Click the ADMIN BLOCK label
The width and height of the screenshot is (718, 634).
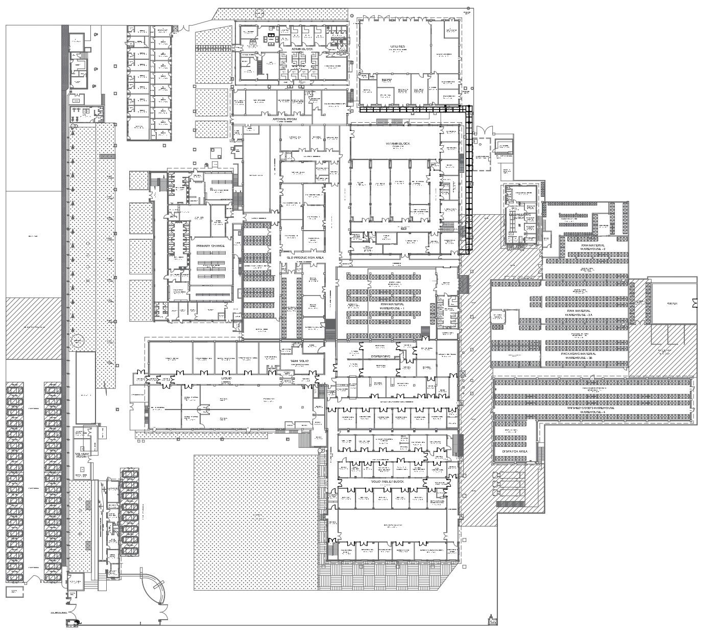coord(302,49)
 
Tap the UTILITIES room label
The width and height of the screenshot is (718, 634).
coord(397,47)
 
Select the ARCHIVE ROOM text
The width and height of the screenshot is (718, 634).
coord(284,119)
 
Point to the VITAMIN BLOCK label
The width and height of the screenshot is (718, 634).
coord(398,144)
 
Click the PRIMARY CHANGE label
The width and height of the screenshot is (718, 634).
coord(210,246)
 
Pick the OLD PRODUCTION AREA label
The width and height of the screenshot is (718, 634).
coord(305,258)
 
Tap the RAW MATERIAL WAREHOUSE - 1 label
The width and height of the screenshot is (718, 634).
coord(392,306)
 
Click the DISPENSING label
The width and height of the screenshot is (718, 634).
coord(380,356)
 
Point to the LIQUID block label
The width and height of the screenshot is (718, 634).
coord(226,378)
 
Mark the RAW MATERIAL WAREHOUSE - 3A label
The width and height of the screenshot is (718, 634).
coord(579,313)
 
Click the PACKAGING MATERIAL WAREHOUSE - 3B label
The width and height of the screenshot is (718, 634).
coord(579,355)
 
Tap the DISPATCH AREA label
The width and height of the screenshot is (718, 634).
coord(515,452)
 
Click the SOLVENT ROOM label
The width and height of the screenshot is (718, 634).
coord(82,455)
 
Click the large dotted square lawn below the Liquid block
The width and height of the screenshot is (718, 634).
coord(255,522)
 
